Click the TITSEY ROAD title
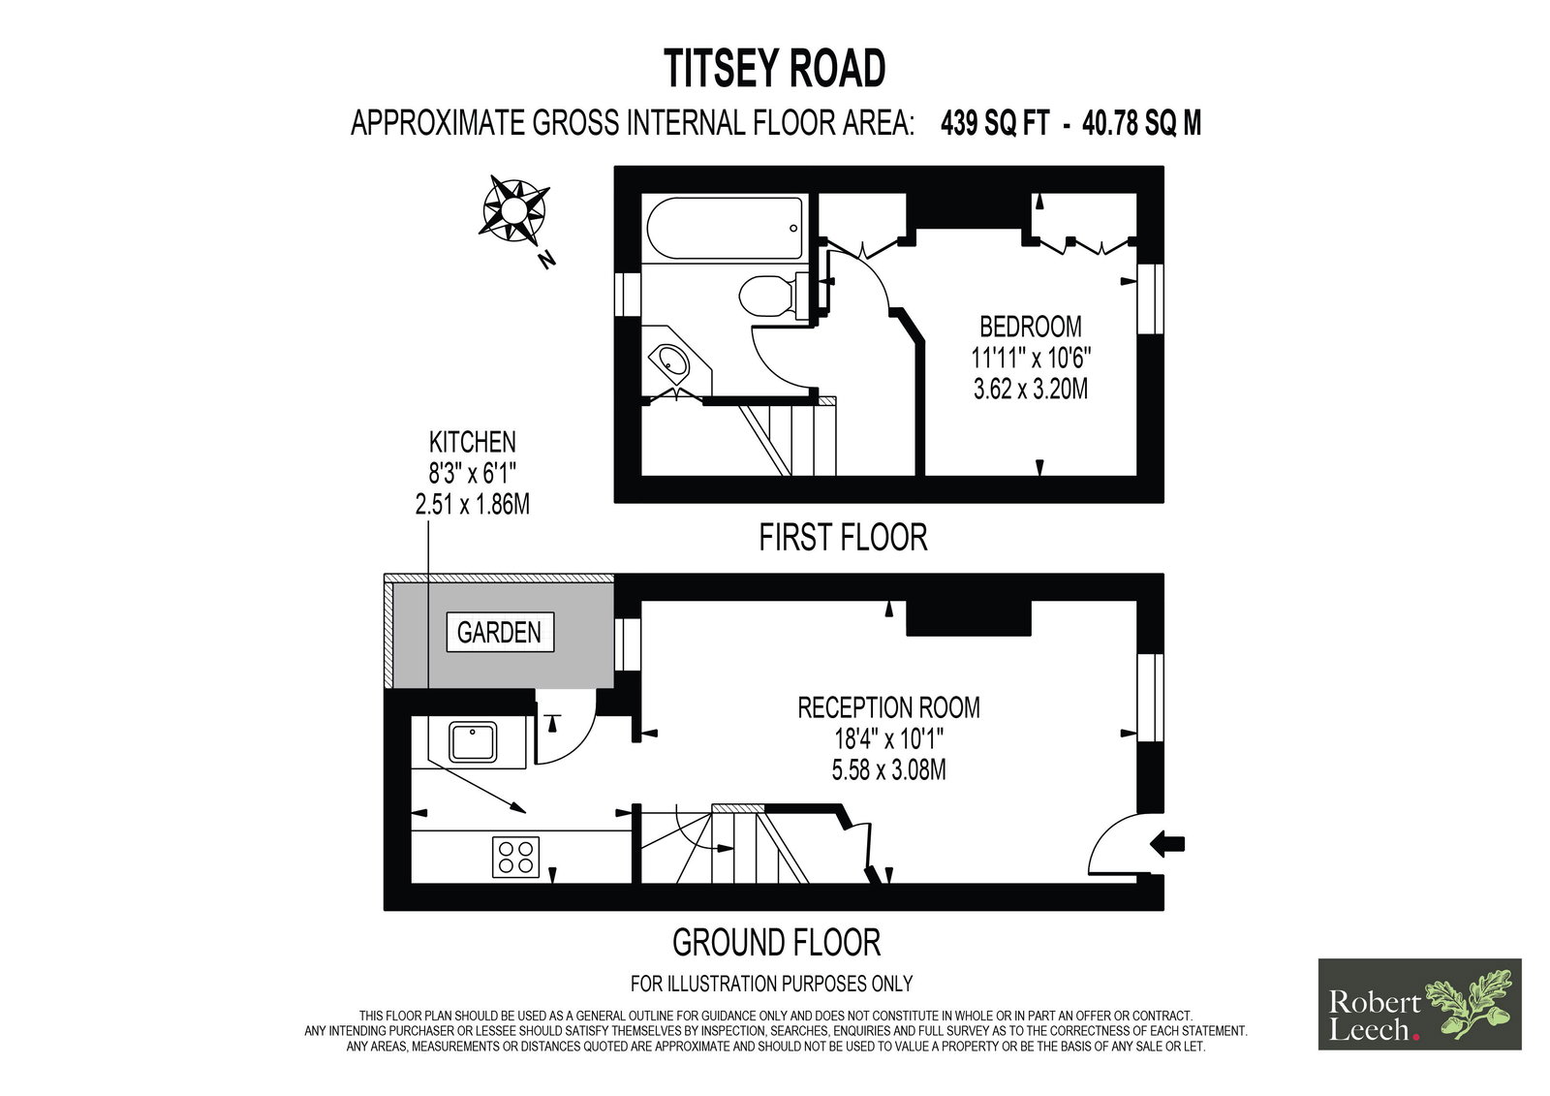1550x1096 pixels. click(x=774, y=68)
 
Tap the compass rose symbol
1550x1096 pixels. click(x=513, y=209)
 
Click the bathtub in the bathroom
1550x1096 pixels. click(x=725, y=229)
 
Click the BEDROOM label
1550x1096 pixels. click(x=1031, y=327)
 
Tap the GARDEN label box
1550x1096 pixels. click(x=500, y=632)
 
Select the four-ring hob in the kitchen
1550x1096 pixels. click(x=515, y=858)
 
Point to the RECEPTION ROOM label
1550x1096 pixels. click(x=888, y=707)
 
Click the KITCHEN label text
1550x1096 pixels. click(x=473, y=442)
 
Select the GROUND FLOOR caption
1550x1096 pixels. click(x=776, y=942)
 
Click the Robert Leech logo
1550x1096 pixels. click(x=1420, y=1004)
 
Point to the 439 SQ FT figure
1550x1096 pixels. click(x=994, y=123)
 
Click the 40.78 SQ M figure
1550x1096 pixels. click(x=1142, y=123)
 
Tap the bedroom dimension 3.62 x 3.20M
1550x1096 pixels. click(x=1031, y=390)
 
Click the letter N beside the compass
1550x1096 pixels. click(x=547, y=260)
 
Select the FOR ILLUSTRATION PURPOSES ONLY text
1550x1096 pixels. click(x=771, y=984)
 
